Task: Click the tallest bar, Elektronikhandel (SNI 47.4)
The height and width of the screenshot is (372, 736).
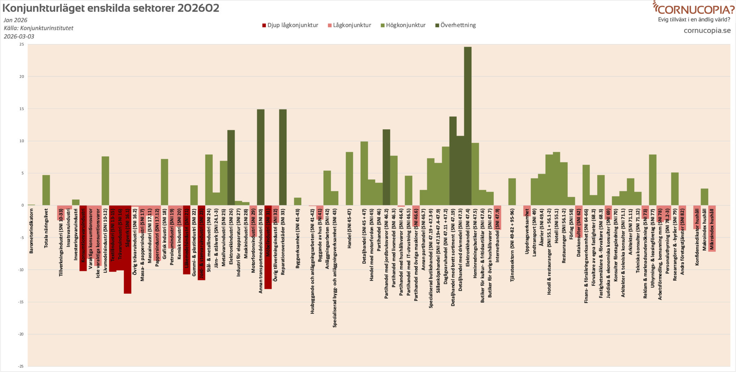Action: point(468,126)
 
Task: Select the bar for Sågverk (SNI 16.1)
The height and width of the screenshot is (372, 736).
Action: point(128,250)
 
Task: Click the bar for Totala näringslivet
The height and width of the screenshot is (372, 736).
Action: point(46,190)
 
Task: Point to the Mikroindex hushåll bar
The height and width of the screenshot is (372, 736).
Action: point(712,228)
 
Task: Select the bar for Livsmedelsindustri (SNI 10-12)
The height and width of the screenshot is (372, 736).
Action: point(105,181)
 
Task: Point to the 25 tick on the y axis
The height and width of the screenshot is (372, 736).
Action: point(22,45)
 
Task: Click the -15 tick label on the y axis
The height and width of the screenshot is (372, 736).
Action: point(21,302)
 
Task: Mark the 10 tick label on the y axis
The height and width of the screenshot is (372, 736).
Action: point(22,141)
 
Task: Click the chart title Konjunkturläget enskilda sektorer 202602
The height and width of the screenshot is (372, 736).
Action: point(111,8)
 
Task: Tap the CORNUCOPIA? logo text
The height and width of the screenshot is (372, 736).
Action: point(696,9)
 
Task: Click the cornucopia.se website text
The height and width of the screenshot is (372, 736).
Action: point(707,31)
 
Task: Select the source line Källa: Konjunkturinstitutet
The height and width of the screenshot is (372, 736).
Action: point(38,28)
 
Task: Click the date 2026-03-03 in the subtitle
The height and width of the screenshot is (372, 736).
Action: point(19,36)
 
